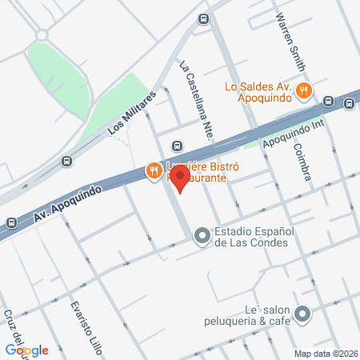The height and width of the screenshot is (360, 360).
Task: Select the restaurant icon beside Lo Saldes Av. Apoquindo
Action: [x=303, y=91]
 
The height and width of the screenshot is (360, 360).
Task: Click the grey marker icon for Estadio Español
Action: [x=202, y=235]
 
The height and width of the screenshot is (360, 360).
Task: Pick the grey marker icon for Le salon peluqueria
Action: [x=302, y=314]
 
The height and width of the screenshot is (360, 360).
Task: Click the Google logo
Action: [x=26, y=350]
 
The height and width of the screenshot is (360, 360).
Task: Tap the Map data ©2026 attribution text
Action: [x=326, y=353]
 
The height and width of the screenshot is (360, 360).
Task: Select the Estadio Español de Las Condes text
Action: [x=254, y=235]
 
